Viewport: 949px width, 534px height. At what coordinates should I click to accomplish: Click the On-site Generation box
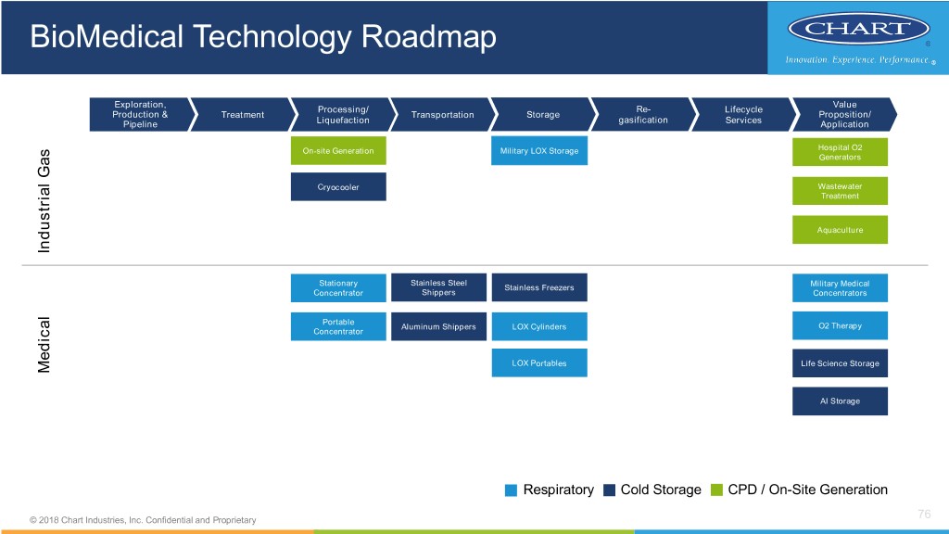coord(338,151)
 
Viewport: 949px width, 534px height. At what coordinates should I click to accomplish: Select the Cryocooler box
coord(338,186)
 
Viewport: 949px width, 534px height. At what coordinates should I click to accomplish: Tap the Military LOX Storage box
coord(538,151)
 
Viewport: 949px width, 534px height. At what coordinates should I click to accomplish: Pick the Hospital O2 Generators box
coord(840,152)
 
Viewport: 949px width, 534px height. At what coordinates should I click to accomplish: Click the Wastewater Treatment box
coord(840,191)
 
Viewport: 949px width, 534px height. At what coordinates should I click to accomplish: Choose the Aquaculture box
coord(840,230)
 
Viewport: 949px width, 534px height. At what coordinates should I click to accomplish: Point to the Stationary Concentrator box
coord(338,287)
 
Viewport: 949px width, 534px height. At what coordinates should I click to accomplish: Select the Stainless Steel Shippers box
coord(438,287)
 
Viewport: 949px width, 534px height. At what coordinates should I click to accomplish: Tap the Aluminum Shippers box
coord(438,326)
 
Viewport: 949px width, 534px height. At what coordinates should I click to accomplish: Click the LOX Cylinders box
coord(538,326)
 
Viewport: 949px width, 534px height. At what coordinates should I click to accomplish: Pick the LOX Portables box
coord(538,362)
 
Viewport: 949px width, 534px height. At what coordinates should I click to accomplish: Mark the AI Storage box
coord(840,401)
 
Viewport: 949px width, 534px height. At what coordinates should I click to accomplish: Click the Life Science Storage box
coord(840,363)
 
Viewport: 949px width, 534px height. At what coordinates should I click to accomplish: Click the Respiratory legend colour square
coord(512,490)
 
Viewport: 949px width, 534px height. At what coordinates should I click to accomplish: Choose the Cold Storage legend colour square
coord(609,490)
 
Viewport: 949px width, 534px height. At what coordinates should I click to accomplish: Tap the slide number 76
coord(922,515)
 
